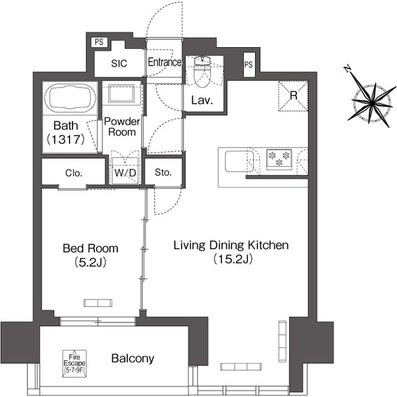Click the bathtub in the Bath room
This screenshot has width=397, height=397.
tap(70, 98)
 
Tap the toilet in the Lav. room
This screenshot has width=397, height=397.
tap(202, 72)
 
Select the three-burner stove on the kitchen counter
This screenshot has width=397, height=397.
tap(279, 159)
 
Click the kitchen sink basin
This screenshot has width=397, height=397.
tap(239, 161)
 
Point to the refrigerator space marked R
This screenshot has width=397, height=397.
tap(293, 96)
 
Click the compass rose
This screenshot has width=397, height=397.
tap(372, 103)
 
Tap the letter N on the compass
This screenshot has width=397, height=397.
tap(347, 68)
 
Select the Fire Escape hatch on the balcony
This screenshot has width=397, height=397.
tap(74, 364)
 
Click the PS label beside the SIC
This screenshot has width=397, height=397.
tap(99, 42)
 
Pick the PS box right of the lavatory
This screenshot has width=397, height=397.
tap(249, 65)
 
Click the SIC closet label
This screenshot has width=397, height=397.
tap(119, 63)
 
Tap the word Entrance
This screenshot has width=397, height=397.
tap(164, 62)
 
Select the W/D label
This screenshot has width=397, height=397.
tap(125, 173)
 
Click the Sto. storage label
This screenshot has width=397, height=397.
tap(163, 172)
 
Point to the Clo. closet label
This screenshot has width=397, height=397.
tap(74, 173)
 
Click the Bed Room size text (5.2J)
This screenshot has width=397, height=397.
tap(91, 262)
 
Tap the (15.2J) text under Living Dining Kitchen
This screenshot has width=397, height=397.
tap(233, 259)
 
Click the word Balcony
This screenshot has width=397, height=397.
tap(133, 359)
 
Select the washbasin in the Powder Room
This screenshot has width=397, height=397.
tap(122, 94)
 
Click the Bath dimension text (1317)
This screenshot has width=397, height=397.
tap(66, 140)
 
